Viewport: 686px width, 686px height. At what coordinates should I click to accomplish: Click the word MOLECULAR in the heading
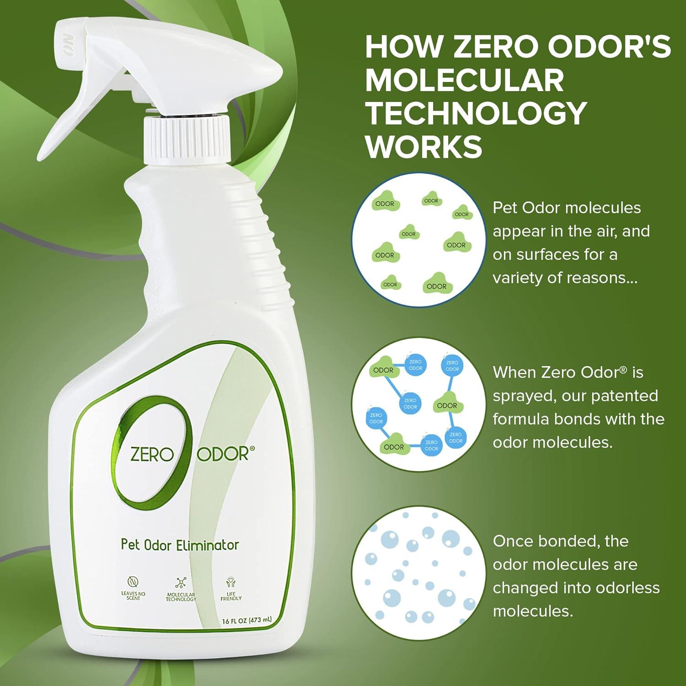click(x=464, y=80)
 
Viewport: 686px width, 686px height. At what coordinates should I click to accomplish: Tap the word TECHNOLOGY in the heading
click(x=476, y=113)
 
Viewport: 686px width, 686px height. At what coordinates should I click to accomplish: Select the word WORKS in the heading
click(x=423, y=146)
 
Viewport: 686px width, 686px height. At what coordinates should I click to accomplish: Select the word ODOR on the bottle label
click(x=223, y=454)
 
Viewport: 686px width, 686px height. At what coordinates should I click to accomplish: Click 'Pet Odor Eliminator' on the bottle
click(x=180, y=545)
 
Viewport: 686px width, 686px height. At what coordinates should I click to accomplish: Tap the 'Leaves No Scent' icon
click(x=133, y=582)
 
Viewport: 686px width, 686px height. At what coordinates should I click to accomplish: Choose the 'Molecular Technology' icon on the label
click(x=181, y=582)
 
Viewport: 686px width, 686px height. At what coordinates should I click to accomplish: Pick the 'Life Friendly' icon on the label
click(x=231, y=582)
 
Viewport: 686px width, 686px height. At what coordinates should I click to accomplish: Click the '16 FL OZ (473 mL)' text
click(x=247, y=621)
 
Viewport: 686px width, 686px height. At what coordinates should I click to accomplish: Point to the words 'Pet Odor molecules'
click(x=567, y=208)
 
